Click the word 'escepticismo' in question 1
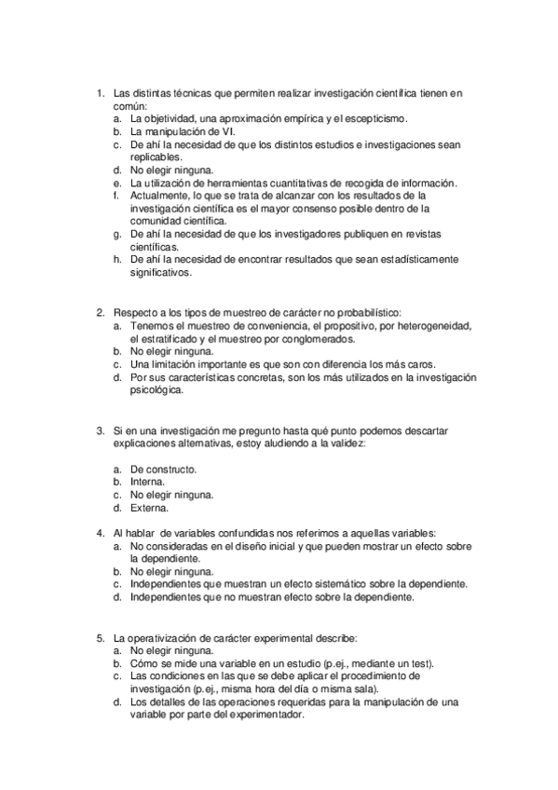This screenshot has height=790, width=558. (374, 119)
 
